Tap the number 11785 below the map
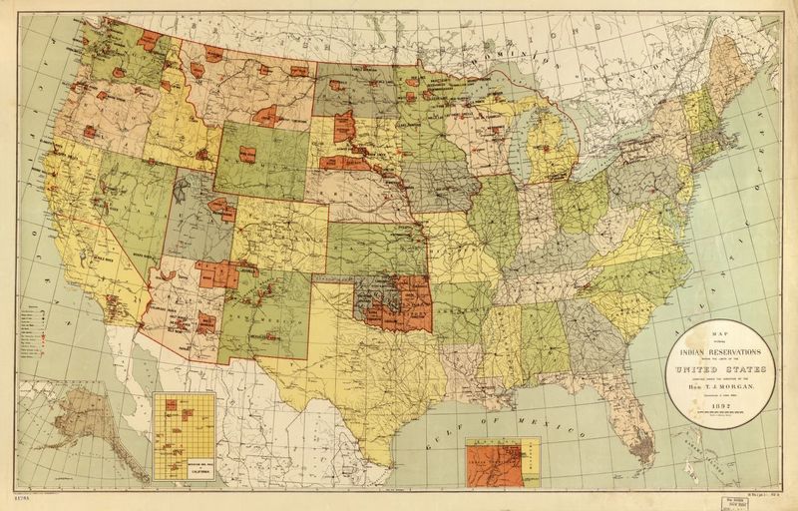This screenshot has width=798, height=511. [19, 495]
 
